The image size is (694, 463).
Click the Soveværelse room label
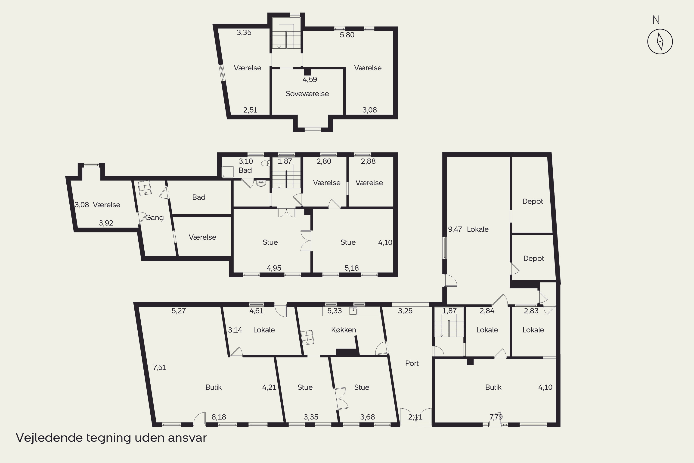[307, 94]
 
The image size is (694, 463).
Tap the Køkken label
[344, 330]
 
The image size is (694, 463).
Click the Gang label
[154, 218]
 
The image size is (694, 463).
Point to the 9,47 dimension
[455, 229]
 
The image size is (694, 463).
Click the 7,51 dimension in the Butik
[159, 367]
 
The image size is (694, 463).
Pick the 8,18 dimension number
[219, 417]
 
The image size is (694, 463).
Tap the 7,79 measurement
[496, 417]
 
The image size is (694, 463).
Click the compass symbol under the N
[660, 41]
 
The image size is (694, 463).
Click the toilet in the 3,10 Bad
[266, 163]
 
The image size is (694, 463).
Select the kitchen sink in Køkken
[353, 311]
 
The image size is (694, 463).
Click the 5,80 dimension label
[347, 35]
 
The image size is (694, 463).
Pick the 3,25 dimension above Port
[405, 311]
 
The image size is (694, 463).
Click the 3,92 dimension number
[106, 223]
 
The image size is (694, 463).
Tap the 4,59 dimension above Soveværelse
[310, 79]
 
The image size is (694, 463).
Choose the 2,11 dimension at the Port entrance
[415, 417]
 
